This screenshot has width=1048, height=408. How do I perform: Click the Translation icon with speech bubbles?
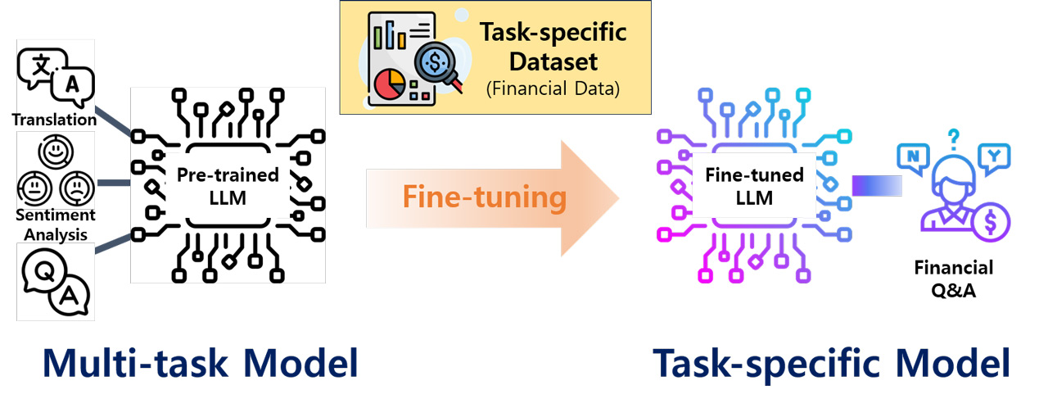pyautogui.click(x=56, y=76)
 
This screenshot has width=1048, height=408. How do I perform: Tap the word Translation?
pyautogui.click(x=55, y=120)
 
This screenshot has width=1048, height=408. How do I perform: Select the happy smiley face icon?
pyautogui.click(x=56, y=152)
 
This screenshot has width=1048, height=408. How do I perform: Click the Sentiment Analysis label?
pyautogui.click(x=56, y=224)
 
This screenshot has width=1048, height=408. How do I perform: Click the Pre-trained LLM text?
pyautogui.click(x=228, y=186)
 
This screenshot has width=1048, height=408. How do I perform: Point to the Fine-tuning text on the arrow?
pyautogui.click(x=485, y=197)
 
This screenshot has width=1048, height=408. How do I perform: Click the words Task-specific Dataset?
pyautogui.click(x=553, y=47)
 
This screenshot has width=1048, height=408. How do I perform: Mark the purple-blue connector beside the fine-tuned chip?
pyautogui.click(x=877, y=185)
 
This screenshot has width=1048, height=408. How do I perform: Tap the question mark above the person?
pyautogui.click(x=954, y=137)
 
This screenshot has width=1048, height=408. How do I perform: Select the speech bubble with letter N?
pyautogui.click(x=912, y=156)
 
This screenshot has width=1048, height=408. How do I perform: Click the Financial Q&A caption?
pyautogui.click(x=955, y=279)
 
